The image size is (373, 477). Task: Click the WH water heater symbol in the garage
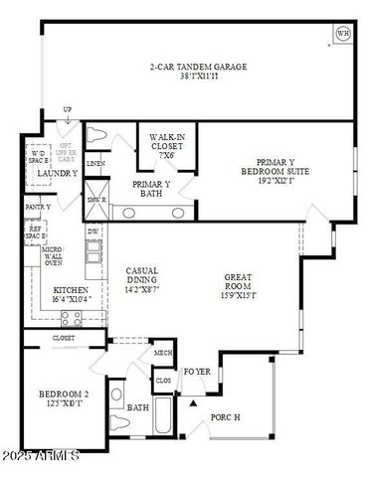click(x=343, y=34)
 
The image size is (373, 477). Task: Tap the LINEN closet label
click(x=95, y=163)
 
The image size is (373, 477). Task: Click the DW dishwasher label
click(x=93, y=231)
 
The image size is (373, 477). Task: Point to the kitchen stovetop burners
click(x=71, y=317)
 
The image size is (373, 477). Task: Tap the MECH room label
click(x=163, y=353)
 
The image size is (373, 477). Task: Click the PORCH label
click(x=226, y=417)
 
